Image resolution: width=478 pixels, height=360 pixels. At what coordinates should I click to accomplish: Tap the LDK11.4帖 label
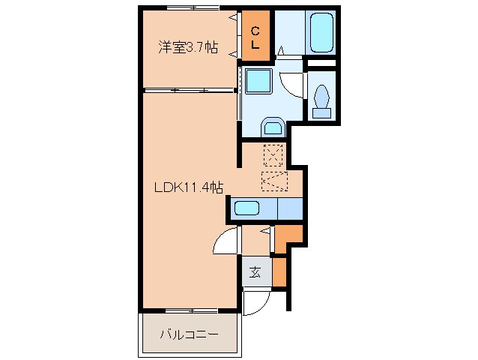(x=188, y=188)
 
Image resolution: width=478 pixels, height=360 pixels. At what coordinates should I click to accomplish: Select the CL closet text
(x=255, y=37)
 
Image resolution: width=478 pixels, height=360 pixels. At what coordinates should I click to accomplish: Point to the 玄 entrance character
(x=255, y=273)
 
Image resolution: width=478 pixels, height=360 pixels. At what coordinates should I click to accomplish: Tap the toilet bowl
(x=323, y=99)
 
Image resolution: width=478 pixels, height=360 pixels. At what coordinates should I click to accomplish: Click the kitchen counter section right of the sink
(x=290, y=208)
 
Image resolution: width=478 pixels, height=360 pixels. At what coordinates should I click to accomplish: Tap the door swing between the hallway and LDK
(x=225, y=242)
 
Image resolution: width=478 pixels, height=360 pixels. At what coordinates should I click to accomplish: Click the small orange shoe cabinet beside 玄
(x=279, y=273)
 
